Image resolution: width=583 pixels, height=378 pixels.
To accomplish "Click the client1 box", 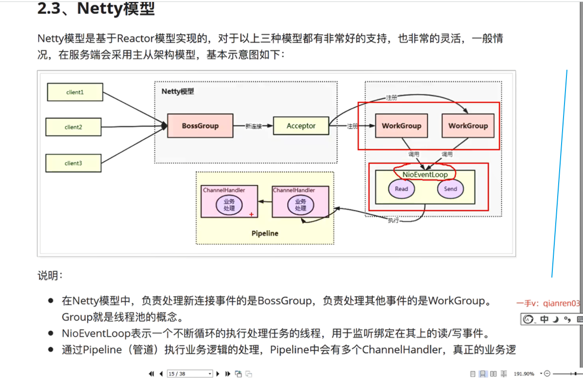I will pos(75,92).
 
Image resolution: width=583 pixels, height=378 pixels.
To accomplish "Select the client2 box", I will pos(73,127).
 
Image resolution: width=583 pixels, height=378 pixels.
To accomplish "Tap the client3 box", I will pos(73,163).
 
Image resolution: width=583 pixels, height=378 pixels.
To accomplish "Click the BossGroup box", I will pos(200,126).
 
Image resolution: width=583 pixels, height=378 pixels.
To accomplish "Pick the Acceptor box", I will pos(301,126).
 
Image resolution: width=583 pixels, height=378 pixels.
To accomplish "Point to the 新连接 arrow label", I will pos(254,126).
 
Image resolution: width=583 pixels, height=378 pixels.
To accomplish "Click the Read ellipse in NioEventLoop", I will pos(401,189).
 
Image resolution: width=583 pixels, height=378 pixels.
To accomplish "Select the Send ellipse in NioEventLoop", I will pos(451,189).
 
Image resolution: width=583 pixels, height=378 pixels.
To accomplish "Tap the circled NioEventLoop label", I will pos(425,174).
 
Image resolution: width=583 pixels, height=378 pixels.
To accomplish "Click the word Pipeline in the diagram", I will pos(265,233).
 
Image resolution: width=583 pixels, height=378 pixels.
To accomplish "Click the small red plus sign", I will pos(251,214).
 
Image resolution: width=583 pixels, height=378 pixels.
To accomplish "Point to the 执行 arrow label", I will pos(393,221).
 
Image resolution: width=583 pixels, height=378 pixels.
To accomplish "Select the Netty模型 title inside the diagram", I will pos(178,92).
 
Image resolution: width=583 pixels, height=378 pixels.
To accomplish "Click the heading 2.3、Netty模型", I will pos(96,9).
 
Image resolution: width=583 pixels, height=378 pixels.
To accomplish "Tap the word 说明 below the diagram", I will pos(50,276).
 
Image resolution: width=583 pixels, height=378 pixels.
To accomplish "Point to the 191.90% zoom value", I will pos(524,374).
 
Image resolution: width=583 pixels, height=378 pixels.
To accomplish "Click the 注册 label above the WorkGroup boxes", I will pos(391,98).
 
